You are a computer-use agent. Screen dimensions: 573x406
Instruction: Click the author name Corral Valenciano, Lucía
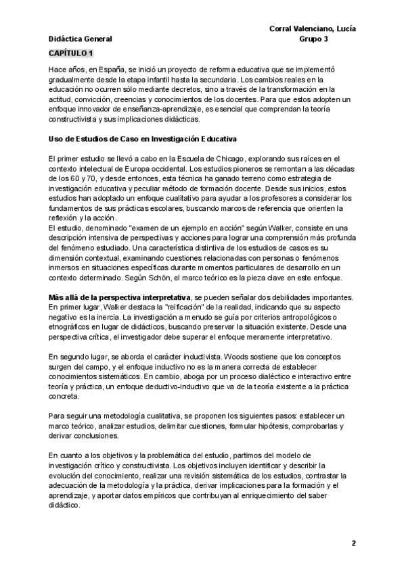[x=313, y=28]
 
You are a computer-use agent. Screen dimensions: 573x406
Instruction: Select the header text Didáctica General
[x=80, y=39]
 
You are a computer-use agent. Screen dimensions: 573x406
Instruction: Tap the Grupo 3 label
[x=313, y=39]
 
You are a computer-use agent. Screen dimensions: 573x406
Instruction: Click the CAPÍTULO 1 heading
[x=72, y=52]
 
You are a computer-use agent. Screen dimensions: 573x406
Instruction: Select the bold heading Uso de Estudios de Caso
[x=142, y=139]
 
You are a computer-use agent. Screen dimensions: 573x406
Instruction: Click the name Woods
[x=188, y=355]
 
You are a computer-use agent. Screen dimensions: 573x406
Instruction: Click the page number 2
[x=353, y=544]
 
